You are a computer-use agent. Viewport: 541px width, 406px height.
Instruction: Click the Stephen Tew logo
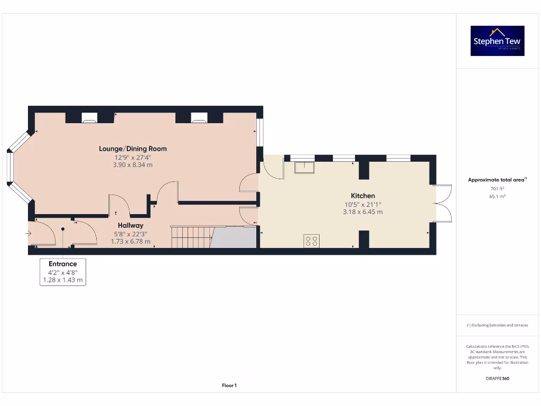[x=497, y=41]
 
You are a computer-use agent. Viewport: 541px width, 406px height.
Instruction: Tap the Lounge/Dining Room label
[x=133, y=149]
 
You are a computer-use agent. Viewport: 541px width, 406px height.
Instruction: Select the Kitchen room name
[x=363, y=196]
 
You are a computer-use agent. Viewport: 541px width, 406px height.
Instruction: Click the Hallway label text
[x=130, y=225]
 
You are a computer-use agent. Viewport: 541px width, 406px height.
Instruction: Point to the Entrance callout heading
[x=63, y=264]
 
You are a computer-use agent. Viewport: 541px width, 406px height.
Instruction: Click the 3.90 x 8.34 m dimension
[x=134, y=165]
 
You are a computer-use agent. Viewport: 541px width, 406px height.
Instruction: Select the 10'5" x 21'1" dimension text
[x=362, y=204]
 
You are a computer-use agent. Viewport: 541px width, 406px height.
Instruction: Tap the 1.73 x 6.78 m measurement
[x=130, y=242]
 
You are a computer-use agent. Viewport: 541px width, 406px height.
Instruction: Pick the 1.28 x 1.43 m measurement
[x=63, y=280]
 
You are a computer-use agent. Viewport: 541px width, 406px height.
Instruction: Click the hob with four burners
[x=311, y=241]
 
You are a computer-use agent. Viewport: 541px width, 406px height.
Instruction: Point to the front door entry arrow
[x=28, y=233]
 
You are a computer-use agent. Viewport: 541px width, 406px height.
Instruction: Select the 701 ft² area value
[x=497, y=188]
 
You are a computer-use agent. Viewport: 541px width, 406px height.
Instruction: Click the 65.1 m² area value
[x=497, y=196]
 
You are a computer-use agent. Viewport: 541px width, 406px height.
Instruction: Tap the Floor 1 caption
[x=229, y=386]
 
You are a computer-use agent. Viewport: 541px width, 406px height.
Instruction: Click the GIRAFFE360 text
[x=497, y=379]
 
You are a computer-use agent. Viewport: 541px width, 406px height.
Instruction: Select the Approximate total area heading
[x=497, y=180]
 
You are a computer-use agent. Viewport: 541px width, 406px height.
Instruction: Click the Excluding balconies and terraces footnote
[x=497, y=325]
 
